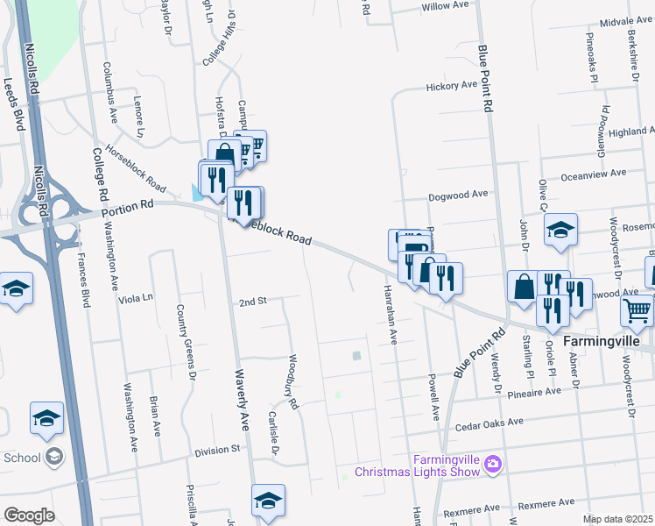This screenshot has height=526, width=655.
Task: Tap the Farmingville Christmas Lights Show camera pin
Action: [493, 463]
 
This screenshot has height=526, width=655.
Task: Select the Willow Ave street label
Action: [445, 5]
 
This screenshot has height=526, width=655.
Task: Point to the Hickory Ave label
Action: [451, 86]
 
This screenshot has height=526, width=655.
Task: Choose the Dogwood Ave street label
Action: [457, 196]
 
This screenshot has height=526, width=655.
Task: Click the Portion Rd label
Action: [127, 209]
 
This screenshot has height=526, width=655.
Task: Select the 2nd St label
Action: [252, 302]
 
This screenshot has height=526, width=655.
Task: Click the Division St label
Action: [217, 449]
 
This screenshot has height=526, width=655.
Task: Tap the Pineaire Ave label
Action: [535, 393]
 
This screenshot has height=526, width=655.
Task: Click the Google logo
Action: [28, 515]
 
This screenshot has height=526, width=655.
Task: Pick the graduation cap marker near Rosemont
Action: [560, 230]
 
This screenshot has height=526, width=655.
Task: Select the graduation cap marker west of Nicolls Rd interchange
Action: [16, 288]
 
